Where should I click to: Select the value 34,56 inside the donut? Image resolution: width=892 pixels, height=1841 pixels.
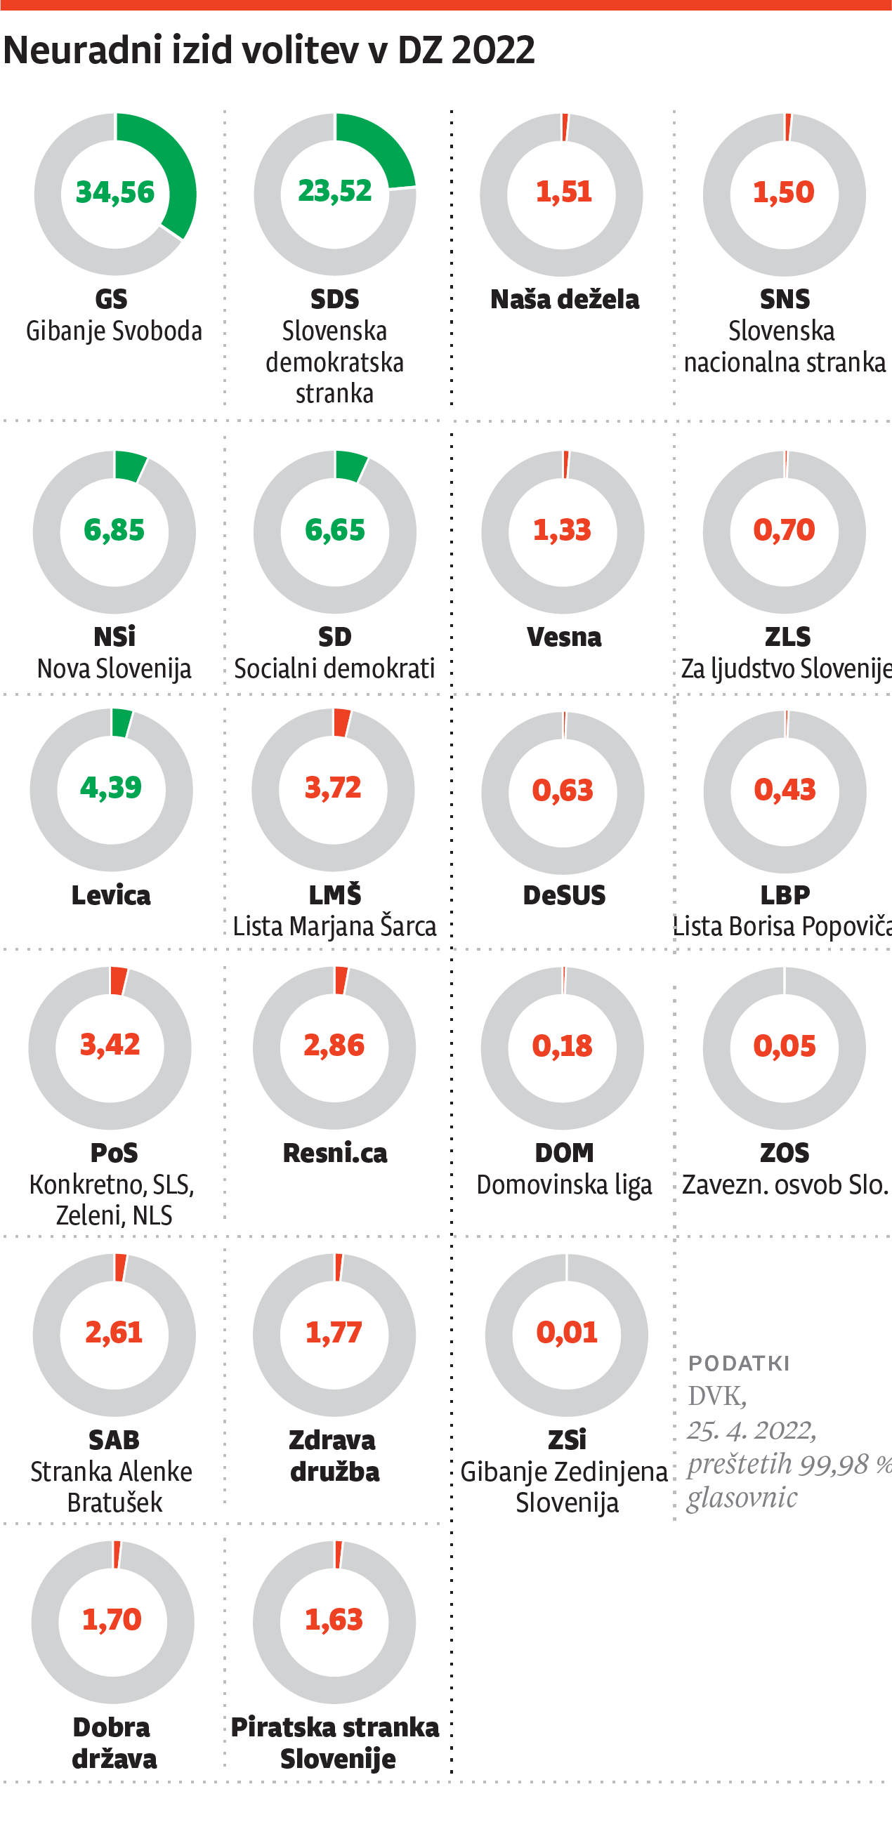[115, 192]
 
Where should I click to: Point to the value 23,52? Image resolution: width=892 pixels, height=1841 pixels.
[334, 191]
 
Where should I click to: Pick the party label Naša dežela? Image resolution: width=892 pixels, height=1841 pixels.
[564, 299]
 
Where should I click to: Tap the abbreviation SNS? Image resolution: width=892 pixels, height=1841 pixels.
[784, 299]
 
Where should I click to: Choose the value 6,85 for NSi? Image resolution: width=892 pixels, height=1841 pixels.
[114, 530]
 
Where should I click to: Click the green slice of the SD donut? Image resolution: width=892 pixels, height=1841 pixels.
[351, 466]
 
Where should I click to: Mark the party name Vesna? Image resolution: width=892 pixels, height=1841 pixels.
[564, 637]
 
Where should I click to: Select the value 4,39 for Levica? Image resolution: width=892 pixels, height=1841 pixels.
[111, 788]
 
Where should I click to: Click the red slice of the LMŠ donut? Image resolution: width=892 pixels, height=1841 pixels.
[341, 722]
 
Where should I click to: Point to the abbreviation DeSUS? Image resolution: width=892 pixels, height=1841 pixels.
[564, 895]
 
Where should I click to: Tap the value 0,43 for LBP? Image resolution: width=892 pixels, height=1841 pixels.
[785, 790]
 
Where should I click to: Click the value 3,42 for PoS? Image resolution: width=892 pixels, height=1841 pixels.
[110, 1045]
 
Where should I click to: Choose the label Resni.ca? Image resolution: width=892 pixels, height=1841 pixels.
[334, 1153]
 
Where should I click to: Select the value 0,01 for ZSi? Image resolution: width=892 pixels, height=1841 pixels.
[567, 1333]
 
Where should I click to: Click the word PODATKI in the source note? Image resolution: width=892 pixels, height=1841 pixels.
[738, 1364]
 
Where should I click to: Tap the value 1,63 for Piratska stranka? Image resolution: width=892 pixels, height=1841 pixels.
[334, 1619]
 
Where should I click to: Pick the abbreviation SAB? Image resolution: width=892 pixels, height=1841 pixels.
[114, 1439]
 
